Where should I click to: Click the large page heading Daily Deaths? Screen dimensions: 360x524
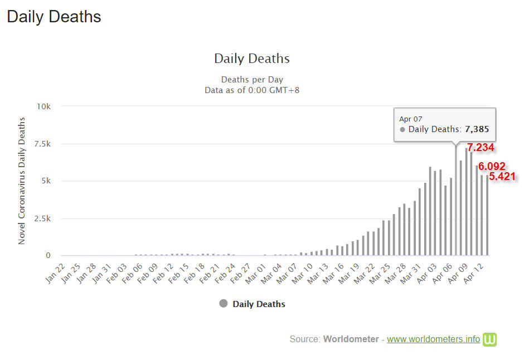tap(54, 17)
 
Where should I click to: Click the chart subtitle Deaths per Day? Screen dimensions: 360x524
tap(252, 80)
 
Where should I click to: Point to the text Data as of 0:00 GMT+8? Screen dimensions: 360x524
tap(252, 90)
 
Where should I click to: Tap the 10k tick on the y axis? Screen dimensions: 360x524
tap(43, 106)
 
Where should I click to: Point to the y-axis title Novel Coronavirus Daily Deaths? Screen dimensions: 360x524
tap(22, 181)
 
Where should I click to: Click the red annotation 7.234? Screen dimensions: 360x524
tap(481, 148)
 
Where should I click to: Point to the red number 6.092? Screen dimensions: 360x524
tap(492, 166)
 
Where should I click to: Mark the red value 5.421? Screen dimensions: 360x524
tap(502, 177)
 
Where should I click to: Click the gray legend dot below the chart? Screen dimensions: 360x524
tap(224, 304)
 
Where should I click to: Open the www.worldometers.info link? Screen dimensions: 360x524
tap(433, 339)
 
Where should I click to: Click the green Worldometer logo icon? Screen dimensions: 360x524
tap(489, 339)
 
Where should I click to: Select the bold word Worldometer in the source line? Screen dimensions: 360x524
tap(351, 339)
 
